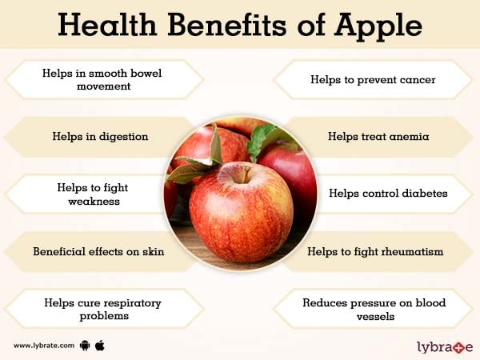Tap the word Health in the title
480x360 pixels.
click(x=107, y=25)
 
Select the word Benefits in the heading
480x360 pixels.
click(x=227, y=25)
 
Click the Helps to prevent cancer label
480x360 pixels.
click(x=373, y=79)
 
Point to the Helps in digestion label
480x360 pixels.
click(x=100, y=137)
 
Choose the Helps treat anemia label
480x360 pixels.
click(x=378, y=136)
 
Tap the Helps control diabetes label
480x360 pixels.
click(x=388, y=193)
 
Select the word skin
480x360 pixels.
click(x=153, y=251)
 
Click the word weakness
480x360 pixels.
click(x=94, y=201)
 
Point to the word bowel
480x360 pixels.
click(x=146, y=73)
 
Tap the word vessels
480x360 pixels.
click(x=375, y=316)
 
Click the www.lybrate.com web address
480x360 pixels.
click(x=44, y=346)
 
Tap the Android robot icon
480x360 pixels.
click(x=85, y=346)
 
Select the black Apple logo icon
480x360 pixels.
click(x=100, y=346)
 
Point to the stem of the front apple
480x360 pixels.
click(x=246, y=174)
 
